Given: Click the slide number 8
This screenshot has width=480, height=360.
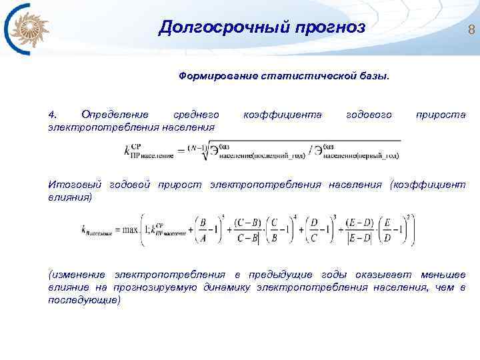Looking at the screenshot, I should click(x=471, y=29).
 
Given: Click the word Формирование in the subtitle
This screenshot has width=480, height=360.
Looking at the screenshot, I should click(x=215, y=76).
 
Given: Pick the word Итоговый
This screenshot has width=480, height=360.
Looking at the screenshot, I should click(x=69, y=185).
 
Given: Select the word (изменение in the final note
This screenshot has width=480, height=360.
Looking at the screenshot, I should click(x=77, y=275).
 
